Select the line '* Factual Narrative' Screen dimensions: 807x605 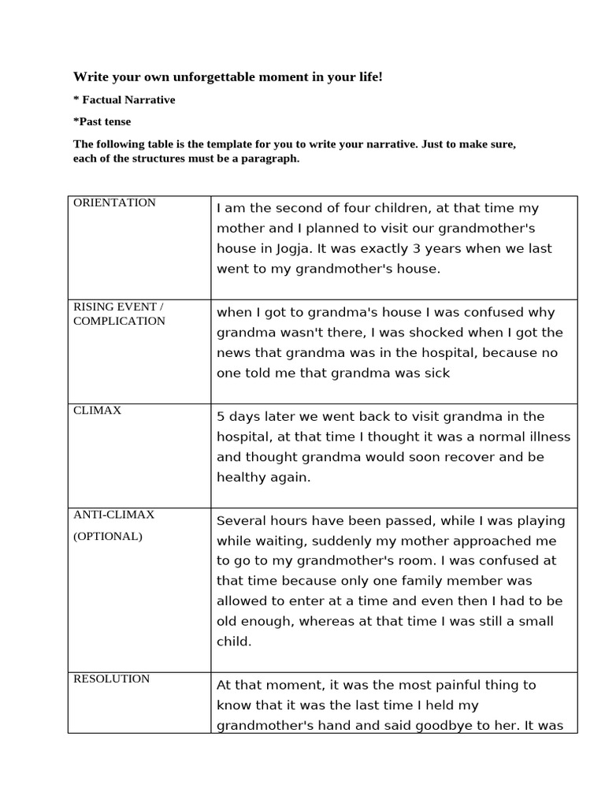[x=124, y=100]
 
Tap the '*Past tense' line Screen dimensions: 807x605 [x=102, y=121]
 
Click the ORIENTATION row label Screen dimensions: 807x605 [x=114, y=203]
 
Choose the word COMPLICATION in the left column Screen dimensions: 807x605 [x=119, y=321]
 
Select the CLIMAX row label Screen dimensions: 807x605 [x=97, y=411]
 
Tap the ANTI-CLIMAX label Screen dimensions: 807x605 [x=113, y=515]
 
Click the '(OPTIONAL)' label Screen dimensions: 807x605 [x=108, y=536]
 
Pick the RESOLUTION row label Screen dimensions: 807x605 [x=111, y=679]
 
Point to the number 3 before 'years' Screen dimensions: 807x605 [x=417, y=248]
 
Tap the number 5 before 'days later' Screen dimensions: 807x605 [x=221, y=416]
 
